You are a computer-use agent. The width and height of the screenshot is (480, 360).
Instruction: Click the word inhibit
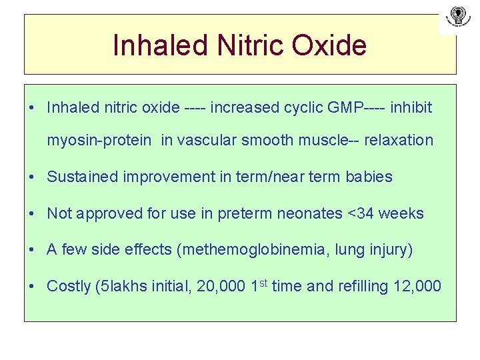pyautogui.click(x=411, y=107)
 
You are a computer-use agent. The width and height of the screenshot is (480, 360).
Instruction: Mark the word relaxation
pyautogui.click(x=398, y=140)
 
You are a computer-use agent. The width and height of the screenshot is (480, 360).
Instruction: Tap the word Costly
pyautogui.click(x=69, y=287)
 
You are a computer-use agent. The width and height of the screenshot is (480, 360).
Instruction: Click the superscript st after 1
pyautogui.click(x=264, y=283)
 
